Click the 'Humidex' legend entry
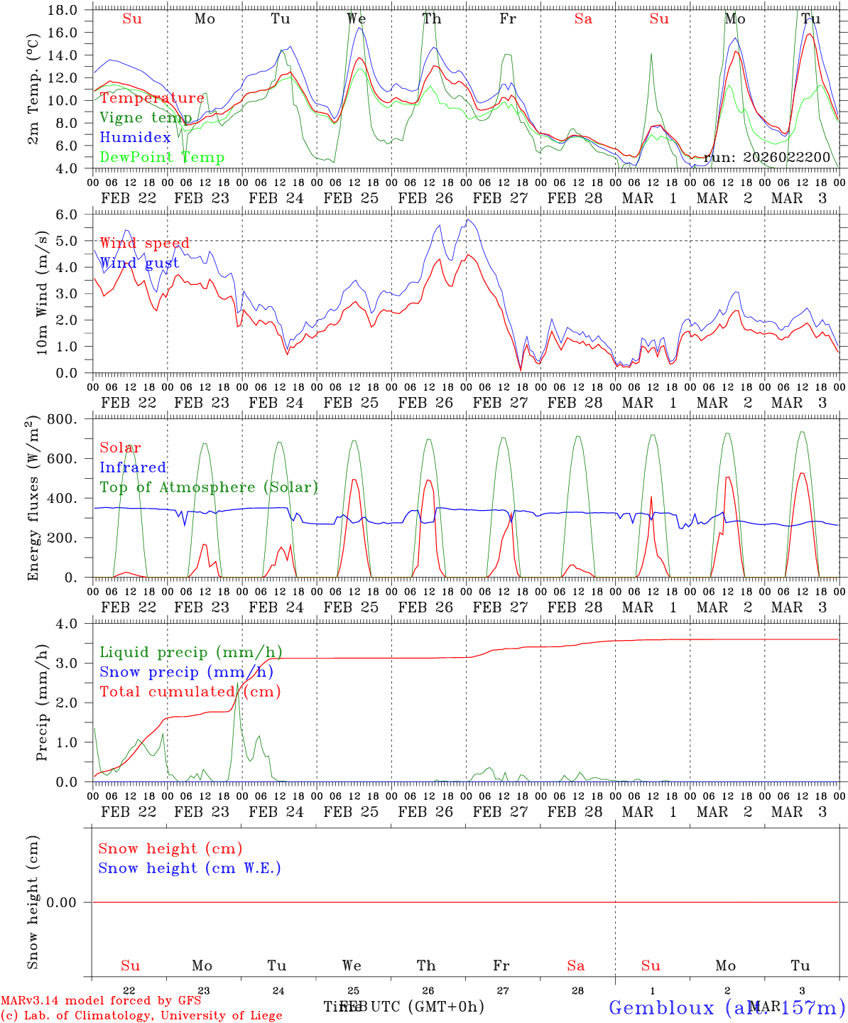[135, 138]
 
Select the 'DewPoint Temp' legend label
[162, 158]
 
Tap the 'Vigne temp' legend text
[146, 118]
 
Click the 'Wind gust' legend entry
[139, 264]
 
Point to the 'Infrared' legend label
[133, 467]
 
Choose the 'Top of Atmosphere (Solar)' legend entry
[209, 487]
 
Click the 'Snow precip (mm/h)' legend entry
[186, 672]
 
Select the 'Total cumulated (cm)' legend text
[190, 692]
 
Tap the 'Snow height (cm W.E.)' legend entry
[190, 868]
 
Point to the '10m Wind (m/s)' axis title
[41, 293]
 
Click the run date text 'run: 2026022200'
[766, 158]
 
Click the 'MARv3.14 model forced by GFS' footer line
[101, 1001]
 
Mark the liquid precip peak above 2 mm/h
[238, 683]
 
